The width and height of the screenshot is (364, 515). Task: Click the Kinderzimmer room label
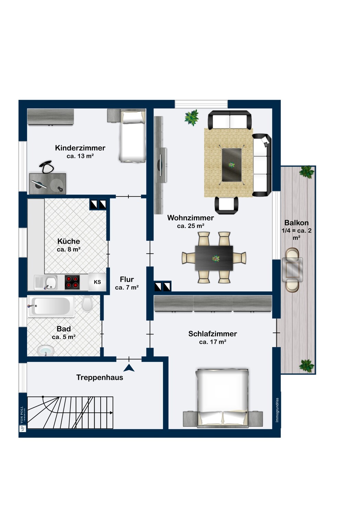point(80,148)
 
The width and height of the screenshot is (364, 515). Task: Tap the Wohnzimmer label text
point(190,218)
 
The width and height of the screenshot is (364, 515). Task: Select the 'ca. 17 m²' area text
point(212,342)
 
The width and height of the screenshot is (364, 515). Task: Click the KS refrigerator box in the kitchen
point(97,282)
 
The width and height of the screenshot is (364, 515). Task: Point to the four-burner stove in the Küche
point(72,282)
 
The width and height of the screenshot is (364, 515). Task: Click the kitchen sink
point(50,283)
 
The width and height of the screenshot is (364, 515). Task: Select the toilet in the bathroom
point(87,304)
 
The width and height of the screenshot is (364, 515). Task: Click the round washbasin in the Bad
point(46,350)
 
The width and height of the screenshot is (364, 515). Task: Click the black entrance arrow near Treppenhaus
point(129,368)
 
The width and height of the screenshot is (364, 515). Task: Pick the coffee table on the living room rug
point(231,165)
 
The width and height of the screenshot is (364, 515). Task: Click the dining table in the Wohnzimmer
point(214,258)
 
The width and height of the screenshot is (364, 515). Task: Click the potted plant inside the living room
point(192,118)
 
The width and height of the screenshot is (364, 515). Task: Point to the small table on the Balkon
point(293,270)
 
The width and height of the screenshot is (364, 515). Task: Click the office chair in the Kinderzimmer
point(46,167)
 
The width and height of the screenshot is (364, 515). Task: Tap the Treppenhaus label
point(99,378)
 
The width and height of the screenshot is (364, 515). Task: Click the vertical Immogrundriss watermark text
point(277,410)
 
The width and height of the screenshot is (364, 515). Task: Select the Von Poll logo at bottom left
point(22,419)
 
